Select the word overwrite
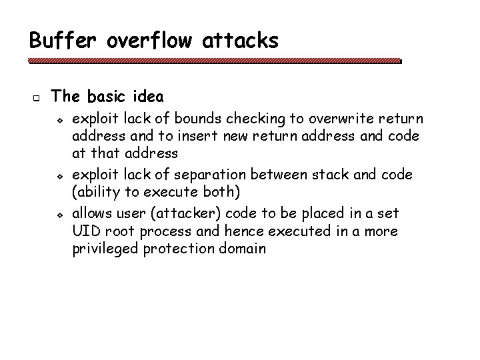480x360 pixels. click(315, 120)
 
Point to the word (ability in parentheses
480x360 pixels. click(93, 192)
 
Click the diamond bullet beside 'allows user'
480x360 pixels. click(59, 214)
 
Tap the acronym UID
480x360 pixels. click(85, 231)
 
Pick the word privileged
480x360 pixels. click(100, 249)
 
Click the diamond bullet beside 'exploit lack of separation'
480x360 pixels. click(59, 175)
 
